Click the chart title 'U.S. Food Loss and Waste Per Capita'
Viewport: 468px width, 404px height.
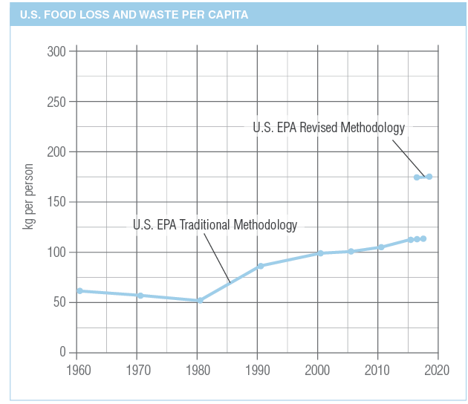(134, 15)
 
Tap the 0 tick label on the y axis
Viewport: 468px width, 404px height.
(62, 352)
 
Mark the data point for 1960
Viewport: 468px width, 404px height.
(79, 291)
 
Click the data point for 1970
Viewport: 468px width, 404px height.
(140, 296)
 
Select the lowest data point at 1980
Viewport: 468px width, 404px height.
(200, 300)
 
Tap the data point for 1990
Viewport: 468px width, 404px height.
(260, 266)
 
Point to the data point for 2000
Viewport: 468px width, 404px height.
(320, 253)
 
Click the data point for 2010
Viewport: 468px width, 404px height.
(380, 247)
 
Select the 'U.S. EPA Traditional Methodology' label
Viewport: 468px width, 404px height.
(215, 224)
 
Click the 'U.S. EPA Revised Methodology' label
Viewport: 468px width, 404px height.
(328, 128)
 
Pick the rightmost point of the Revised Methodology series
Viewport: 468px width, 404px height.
(429, 177)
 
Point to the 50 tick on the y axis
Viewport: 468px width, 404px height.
(59, 302)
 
